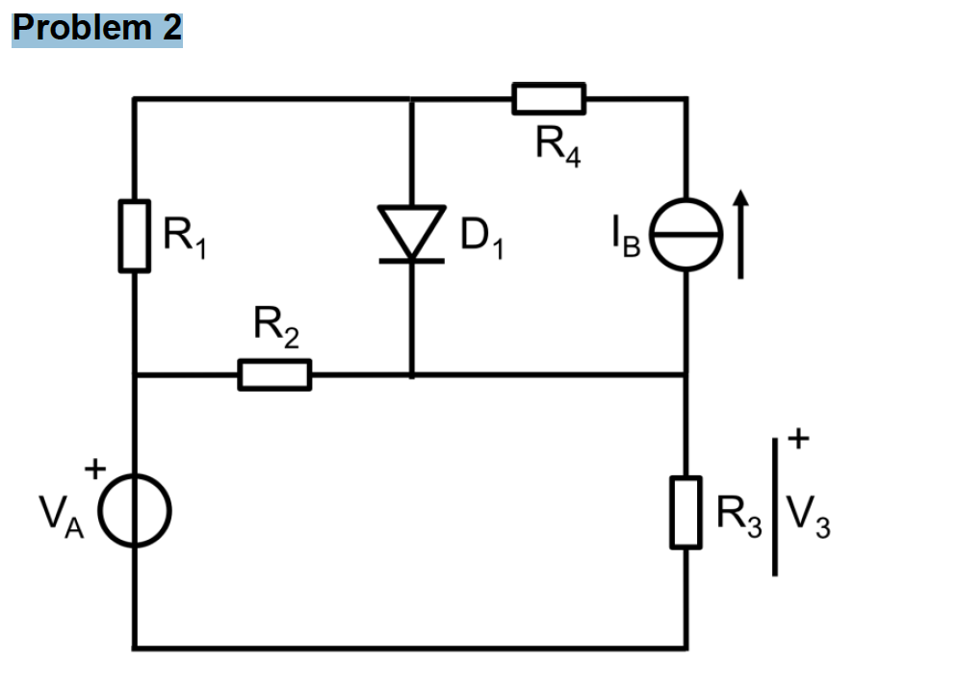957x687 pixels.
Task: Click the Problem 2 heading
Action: (x=96, y=28)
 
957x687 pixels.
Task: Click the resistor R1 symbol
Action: (x=135, y=236)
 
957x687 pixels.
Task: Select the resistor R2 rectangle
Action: (x=274, y=374)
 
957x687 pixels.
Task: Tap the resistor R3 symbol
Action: (x=685, y=512)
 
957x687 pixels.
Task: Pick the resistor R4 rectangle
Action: (x=548, y=98)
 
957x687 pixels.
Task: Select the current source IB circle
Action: (x=685, y=236)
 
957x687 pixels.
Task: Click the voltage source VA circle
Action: (x=135, y=510)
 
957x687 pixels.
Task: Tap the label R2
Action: (x=275, y=329)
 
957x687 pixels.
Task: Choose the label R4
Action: (x=557, y=147)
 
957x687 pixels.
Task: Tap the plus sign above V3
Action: (x=799, y=441)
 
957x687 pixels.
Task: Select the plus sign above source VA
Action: (x=94, y=470)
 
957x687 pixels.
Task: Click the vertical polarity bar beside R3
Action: (x=775, y=506)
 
